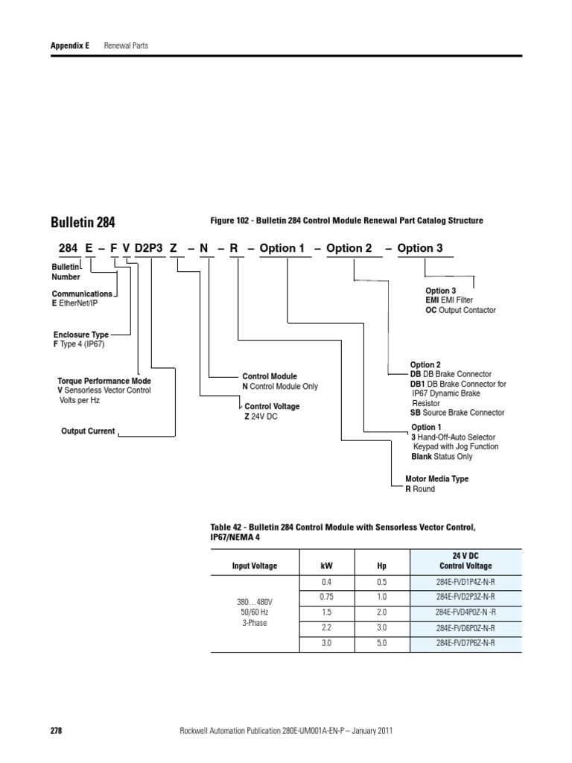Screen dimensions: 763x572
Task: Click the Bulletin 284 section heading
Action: (x=83, y=222)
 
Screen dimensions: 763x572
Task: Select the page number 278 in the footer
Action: (x=56, y=732)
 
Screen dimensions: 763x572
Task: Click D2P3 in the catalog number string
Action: (x=150, y=248)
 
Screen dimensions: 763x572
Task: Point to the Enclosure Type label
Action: (x=80, y=335)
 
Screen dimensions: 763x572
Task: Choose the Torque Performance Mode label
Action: (x=104, y=381)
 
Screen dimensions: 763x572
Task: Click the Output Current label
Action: (x=88, y=431)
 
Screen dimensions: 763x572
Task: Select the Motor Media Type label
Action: (x=436, y=479)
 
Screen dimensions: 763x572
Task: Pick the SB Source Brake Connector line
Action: (x=457, y=413)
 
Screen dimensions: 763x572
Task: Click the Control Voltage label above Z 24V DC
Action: (x=272, y=406)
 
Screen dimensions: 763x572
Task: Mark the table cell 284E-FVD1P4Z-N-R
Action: (x=465, y=582)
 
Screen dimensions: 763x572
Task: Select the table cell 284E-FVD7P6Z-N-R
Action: (x=465, y=642)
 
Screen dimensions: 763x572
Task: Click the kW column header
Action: (x=326, y=566)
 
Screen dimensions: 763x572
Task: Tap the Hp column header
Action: (x=381, y=566)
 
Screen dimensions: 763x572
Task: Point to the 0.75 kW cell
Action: (x=326, y=597)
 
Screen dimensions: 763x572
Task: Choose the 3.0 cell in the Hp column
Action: (x=381, y=627)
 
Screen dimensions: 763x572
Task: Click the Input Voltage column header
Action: (x=254, y=566)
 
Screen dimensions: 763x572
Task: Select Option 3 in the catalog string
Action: (x=420, y=248)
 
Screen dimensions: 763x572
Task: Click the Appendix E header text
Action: (x=70, y=45)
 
